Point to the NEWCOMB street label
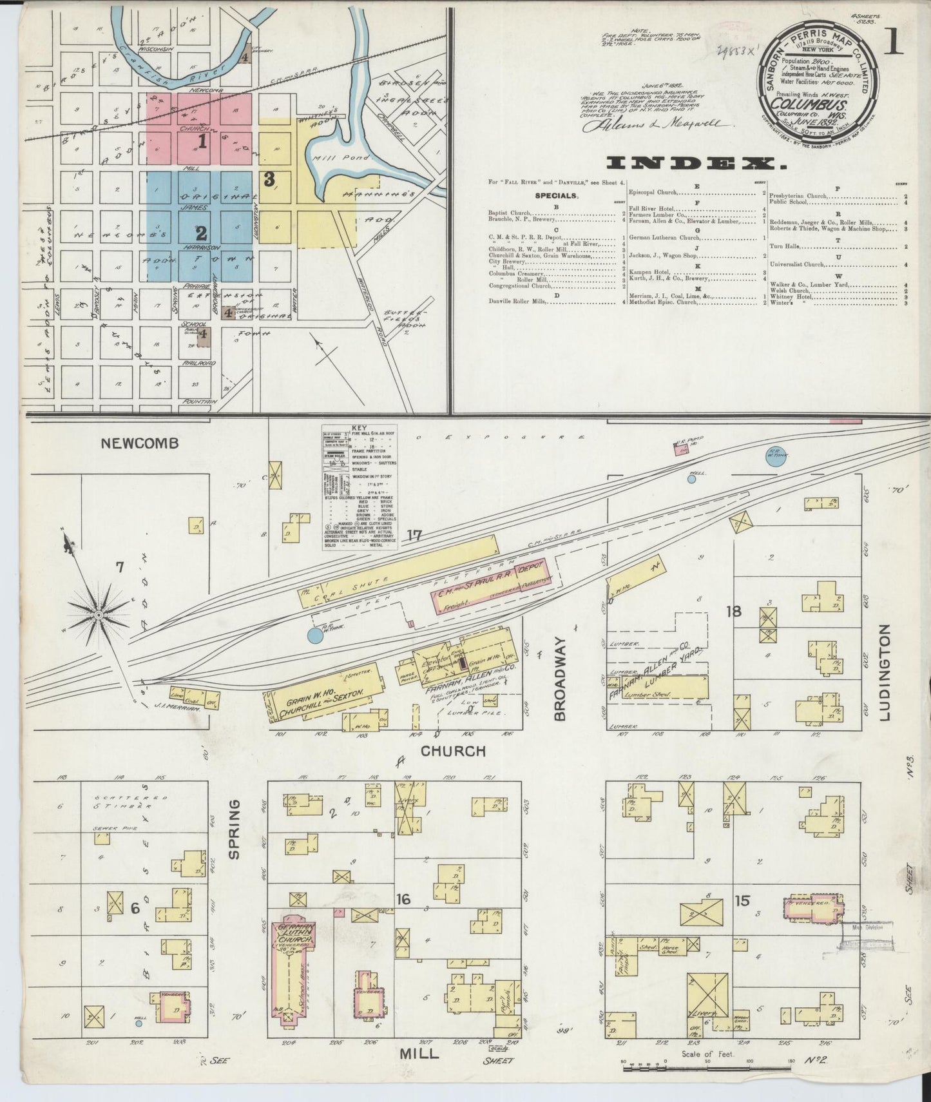point(139,443)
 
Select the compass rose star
point(99,615)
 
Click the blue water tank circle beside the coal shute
point(314,636)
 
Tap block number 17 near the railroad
point(414,534)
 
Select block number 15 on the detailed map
point(742,900)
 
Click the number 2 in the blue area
point(202,232)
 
